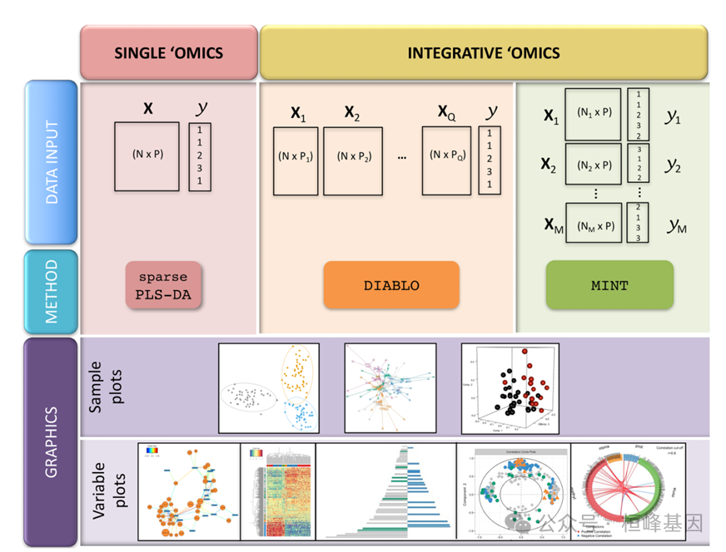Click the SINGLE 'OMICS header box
pyautogui.click(x=168, y=53)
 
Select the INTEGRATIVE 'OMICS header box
pyautogui.click(x=483, y=53)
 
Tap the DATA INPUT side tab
pyautogui.click(x=52, y=162)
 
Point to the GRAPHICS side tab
pyautogui.click(x=52, y=441)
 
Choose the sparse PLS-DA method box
pyautogui.click(x=163, y=285)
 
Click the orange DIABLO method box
pyautogui.click(x=391, y=285)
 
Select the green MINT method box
pyautogui.click(x=609, y=285)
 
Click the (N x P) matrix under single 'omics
pyautogui.click(x=147, y=155)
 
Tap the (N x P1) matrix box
pyautogui.click(x=296, y=160)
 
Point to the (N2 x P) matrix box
pyautogui.click(x=594, y=164)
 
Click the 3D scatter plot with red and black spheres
pyautogui.click(x=510, y=389)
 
